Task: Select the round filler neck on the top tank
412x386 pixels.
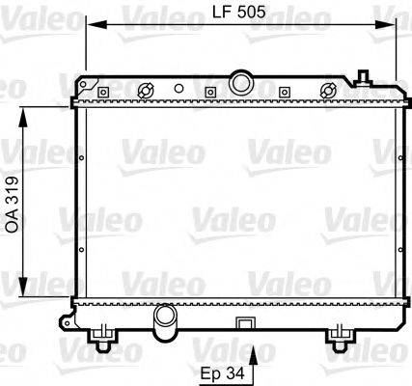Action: click(x=240, y=76)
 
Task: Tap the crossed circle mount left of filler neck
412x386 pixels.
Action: click(x=147, y=92)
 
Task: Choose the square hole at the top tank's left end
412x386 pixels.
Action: click(x=98, y=93)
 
